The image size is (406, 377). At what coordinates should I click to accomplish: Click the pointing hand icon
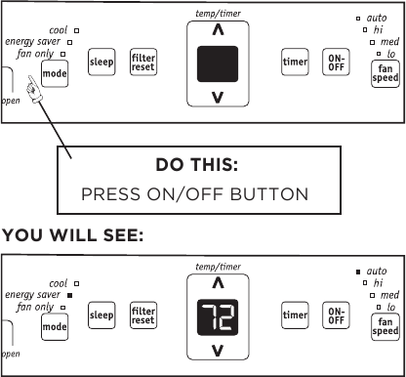pos(33,90)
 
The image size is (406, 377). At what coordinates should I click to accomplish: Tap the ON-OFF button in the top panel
pos(336,63)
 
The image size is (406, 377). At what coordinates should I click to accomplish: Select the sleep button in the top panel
pos(101,62)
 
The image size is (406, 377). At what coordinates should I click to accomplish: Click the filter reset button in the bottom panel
pos(143,315)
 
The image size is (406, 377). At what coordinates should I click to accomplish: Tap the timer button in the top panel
pos(295,62)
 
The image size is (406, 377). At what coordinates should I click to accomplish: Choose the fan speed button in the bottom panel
pos(386,326)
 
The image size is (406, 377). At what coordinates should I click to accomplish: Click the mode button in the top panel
pos(55,73)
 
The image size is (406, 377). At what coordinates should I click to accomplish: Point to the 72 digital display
pos(218,317)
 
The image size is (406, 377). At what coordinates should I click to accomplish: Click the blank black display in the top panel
pos(218,63)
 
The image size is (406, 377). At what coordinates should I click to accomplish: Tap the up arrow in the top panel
pos(218,30)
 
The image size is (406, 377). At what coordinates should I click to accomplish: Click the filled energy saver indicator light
pos(69,295)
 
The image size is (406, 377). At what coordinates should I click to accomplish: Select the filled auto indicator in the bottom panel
pos(358,272)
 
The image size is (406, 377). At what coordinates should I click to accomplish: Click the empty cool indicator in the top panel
pos(76,30)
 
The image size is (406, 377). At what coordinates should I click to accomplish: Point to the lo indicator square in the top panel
pos(379,54)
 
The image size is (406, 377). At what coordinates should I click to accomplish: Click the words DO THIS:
pos(197,164)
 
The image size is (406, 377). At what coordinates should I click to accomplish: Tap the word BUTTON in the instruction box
pos(269,194)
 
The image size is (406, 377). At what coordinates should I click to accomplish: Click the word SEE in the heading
pos(123,234)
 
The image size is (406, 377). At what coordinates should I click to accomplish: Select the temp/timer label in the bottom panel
pos(218,267)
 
